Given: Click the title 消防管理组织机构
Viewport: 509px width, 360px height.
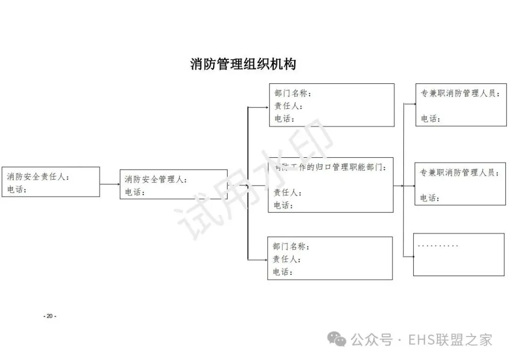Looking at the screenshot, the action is click(243, 64).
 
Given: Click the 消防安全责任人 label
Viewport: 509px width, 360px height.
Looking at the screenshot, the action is click(38, 177).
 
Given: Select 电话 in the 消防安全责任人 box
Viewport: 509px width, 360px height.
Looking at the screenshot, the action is click(16, 189).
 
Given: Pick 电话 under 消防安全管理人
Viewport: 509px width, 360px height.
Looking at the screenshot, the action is click(135, 192).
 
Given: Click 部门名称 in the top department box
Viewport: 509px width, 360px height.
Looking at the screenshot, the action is click(293, 93).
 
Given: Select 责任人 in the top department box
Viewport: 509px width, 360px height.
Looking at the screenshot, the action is click(288, 106).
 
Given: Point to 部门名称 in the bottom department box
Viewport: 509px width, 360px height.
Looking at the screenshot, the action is click(290, 246).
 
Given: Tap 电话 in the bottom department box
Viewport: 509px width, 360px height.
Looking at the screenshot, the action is click(282, 272).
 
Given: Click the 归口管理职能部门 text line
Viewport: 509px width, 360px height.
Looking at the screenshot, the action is click(330, 167).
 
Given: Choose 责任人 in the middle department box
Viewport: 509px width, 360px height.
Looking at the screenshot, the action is click(287, 192).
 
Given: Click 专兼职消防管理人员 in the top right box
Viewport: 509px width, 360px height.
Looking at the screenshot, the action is click(460, 93).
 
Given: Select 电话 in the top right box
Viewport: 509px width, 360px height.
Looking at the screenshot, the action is click(430, 119).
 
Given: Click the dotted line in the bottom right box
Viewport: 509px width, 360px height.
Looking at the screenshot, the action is click(438, 246).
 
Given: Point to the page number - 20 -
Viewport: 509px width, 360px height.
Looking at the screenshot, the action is click(49, 316).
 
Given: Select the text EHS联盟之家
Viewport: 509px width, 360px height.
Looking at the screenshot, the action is click(450, 339).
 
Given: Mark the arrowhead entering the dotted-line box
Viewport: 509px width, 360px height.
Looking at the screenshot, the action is click(411, 256).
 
